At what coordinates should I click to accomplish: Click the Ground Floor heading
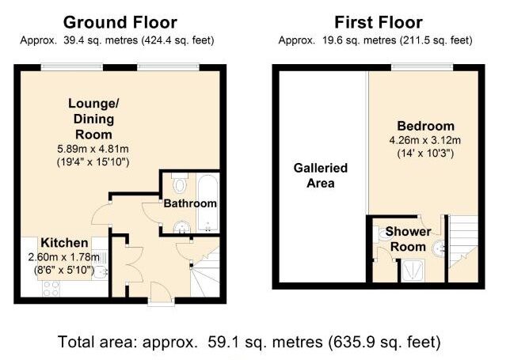coord(120,23)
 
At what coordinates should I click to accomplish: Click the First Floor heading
coord(379,23)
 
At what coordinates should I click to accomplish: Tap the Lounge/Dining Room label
coord(93,119)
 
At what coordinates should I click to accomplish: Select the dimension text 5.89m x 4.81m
coord(93,149)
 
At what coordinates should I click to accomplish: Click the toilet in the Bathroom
coord(180,183)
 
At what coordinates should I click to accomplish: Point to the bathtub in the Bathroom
coord(207,203)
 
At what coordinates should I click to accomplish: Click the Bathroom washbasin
coord(182,227)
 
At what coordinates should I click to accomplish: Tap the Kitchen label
coord(64,243)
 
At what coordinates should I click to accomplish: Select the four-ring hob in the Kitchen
coord(51,289)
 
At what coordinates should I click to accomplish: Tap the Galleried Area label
coord(321,176)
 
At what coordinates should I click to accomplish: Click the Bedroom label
coord(426,126)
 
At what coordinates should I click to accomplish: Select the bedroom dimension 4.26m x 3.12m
coord(425,140)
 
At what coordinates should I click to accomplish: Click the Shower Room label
coord(408,239)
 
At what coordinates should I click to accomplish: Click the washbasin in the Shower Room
coord(439,248)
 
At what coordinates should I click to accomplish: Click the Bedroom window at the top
coord(422,67)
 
